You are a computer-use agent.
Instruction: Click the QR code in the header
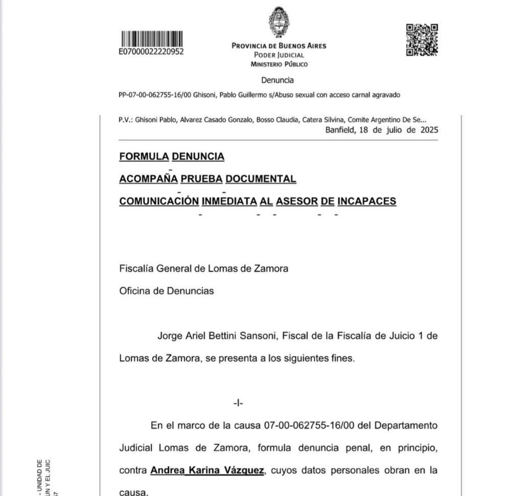coord(422,40)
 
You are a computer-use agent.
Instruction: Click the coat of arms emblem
coord(279,22)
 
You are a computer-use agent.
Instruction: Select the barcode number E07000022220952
coord(151,52)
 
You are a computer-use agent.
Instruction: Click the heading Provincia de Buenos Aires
coord(279,46)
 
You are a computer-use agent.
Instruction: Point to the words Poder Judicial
coord(279,55)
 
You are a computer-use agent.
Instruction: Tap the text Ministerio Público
coord(279,64)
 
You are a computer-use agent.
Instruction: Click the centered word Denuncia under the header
coord(277,80)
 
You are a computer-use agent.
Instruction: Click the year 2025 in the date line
coord(427,130)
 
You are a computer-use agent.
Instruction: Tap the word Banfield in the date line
coord(341,130)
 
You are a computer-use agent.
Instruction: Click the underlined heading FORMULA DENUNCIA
coord(172,157)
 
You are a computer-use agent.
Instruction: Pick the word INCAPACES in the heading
coord(367,201)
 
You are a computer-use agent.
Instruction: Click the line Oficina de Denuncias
coord(167,291)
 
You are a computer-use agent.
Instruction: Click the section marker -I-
coord(238,403)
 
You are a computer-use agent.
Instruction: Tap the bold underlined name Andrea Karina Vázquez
coord(207,470)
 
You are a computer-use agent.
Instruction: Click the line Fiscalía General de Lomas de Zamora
coord(203,269)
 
